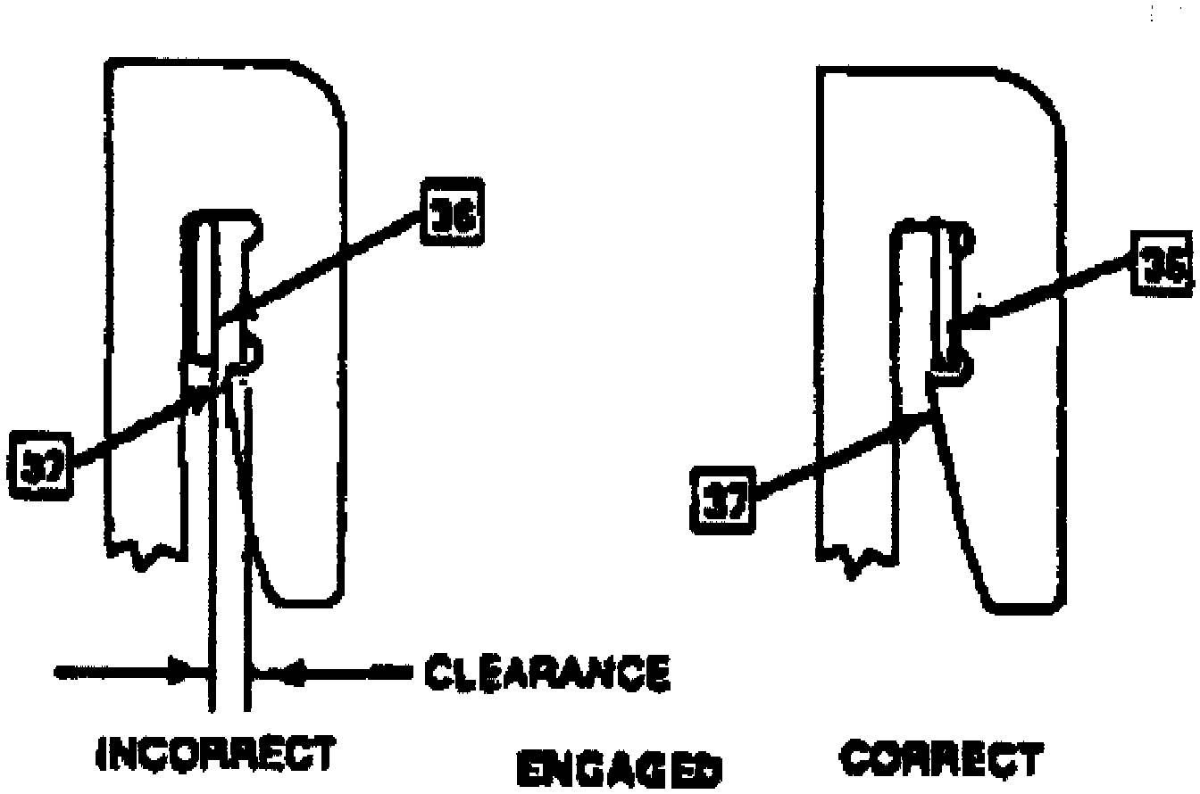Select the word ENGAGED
click(620, 770)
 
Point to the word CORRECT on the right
click(941, 760)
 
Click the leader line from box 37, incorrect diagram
click(134, 432)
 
